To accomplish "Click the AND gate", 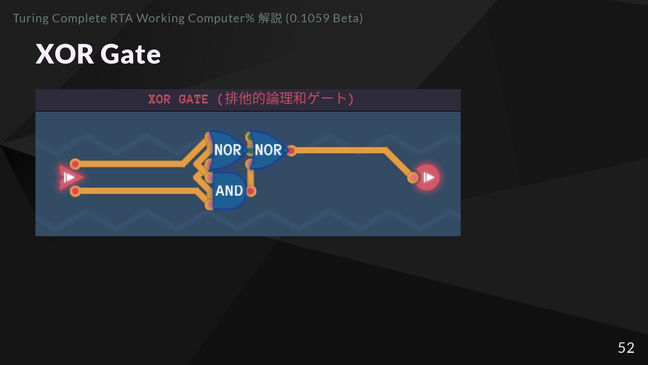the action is [x=229, y=191].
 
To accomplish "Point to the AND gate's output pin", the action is [x=251, y=191].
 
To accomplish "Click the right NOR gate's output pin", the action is [x=291, y=150].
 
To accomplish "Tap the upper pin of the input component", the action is [x=75, y=164].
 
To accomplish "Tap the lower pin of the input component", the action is [x=75, y=191].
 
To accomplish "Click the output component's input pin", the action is [x=412, y=177].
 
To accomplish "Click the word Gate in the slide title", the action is [x=130, y=54].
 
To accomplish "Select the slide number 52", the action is [x=626, y=347].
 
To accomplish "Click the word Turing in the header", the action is [x=31, y=18].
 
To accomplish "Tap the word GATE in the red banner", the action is [x=193, y=99].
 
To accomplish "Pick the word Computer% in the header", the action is [x=221, y=18].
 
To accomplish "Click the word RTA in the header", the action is [x=122, y=18].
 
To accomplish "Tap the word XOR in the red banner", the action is [x=159, y=99].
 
